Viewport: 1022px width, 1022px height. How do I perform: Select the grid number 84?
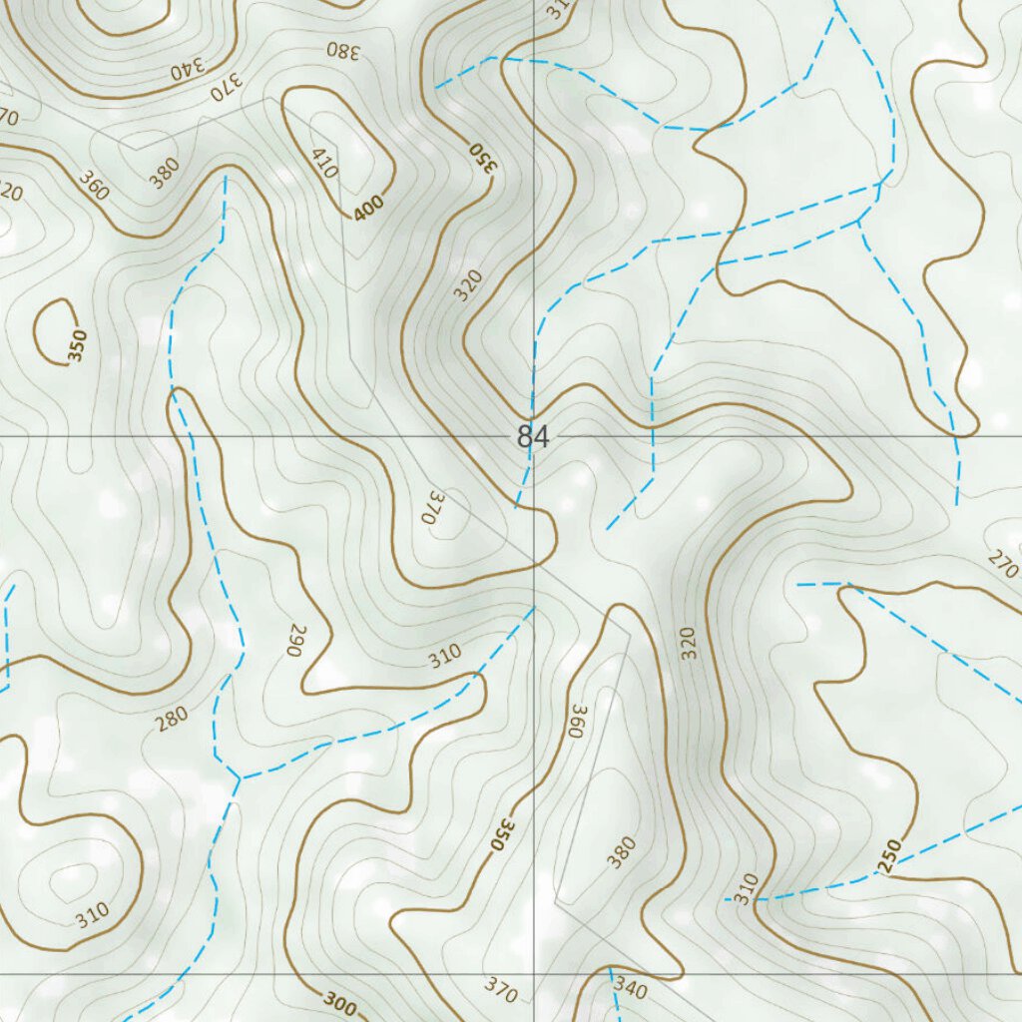click(533, 437)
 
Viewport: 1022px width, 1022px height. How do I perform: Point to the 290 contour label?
click(295, 640)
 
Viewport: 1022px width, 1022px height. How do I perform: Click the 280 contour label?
click(172, 719)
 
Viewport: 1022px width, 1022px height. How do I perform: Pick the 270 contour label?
click(1003, 560)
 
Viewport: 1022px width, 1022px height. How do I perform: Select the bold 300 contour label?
click(339, 1005)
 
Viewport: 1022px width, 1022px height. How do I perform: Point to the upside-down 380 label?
click(341, 50)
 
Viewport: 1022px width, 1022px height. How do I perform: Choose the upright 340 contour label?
click(631, 987)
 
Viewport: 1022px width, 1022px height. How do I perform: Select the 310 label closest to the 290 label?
click(445, 656)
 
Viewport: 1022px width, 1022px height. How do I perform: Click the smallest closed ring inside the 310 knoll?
click(72, 875)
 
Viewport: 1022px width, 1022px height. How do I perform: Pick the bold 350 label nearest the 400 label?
click(482, 158)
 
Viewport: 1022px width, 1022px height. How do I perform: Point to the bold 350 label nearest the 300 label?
click(505, 834)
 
